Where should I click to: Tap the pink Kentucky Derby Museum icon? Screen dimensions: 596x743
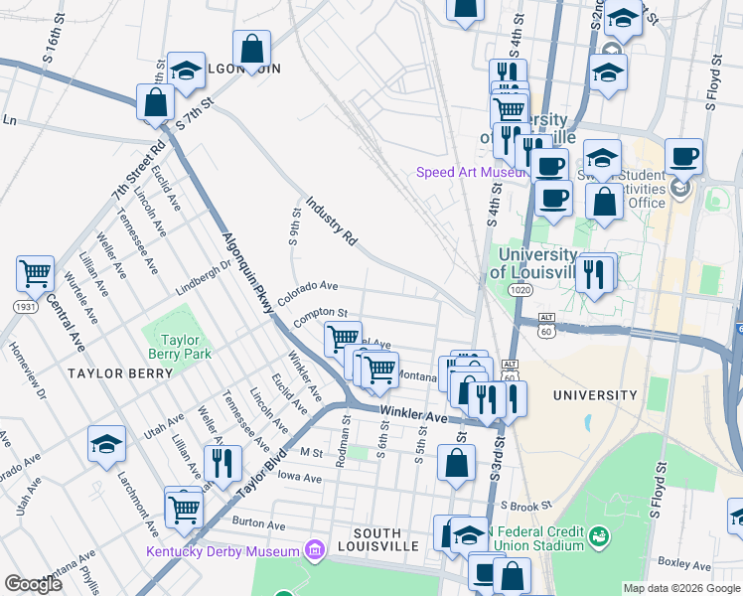[315, 550]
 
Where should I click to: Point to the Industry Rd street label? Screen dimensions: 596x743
[331, 220]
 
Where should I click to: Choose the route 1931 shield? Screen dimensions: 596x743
[26, 308]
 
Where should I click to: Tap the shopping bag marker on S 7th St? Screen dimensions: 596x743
[155, 100]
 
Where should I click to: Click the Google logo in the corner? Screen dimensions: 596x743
[33, 583]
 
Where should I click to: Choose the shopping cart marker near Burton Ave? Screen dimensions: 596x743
[184, 509]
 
